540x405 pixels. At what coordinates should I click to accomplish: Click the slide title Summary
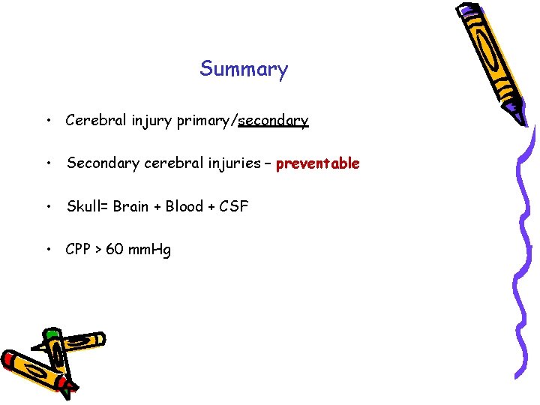click(244, 70)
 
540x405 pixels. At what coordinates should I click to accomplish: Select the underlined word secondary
click(273, 120)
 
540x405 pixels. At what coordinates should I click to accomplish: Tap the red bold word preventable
click(318, 163)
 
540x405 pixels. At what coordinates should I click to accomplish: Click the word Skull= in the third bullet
click(88, 206)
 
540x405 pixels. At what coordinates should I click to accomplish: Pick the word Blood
click(184, 206)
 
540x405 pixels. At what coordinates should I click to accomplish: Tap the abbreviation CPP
click(79, 249)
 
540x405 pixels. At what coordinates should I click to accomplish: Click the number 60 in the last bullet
click(115, 249)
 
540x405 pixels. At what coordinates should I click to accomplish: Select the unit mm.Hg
click(150, 250)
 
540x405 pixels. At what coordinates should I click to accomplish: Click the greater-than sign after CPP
click(97, 250)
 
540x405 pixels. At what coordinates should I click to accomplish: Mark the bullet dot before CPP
click(48, 250)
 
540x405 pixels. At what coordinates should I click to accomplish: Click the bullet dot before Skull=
click(48, 207)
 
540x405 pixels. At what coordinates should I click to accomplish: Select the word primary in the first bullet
click(205, 120)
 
